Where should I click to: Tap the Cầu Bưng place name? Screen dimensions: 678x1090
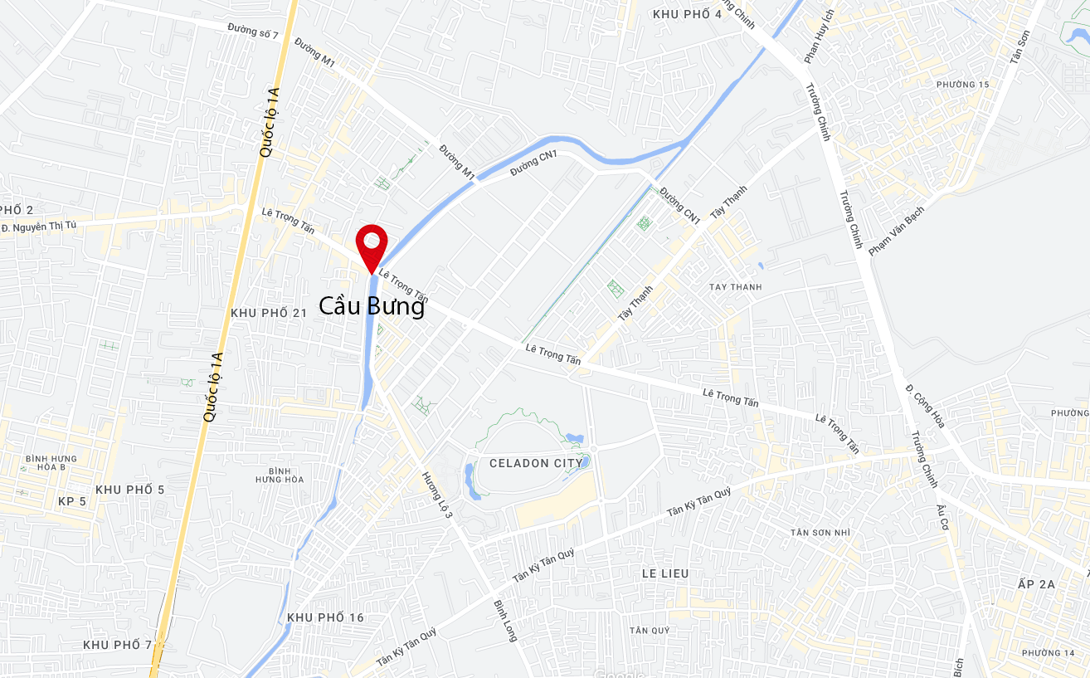click(x=372, y=306)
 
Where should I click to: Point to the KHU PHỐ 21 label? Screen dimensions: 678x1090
click(x=269, y=313)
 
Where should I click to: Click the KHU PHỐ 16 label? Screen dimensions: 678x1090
click(x=325, y=617)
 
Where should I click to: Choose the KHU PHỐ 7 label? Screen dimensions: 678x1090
click(x=118, y=645)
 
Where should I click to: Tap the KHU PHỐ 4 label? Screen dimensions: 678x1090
click(x=687, y=14)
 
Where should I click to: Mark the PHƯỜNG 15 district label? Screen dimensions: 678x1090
click(x=962, y=85)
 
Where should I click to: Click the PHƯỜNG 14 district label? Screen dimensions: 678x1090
click(x=1048, y=653)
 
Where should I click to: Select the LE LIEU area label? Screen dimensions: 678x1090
click(x=665, y=573)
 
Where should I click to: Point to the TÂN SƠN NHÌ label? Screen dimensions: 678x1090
click(x=820, y=532)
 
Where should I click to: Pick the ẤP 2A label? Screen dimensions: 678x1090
click(x=1036, y=584)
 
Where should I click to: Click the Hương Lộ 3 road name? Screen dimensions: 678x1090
click(x=437, y=495)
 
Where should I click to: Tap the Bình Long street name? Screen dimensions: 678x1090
click(x=505, y=621)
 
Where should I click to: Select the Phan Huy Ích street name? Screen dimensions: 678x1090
click(x=818, y=37)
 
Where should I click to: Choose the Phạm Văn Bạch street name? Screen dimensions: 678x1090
click(x=896, y=231)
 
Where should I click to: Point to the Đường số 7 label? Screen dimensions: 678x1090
click(x=253, y=29)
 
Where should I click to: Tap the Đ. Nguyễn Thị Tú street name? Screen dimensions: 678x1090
click(x=39, y=227)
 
